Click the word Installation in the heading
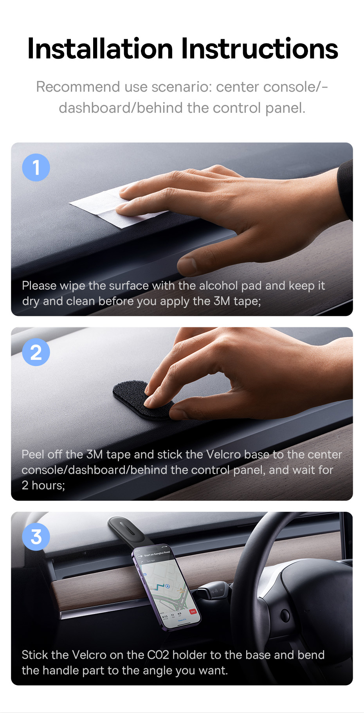click(x=100, y=49)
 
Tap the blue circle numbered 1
click(x=36, y=168)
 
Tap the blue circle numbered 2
click(x=36, y=352)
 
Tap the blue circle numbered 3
click(x=36, y=537)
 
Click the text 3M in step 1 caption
click(x=222, y=301)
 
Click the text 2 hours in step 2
click(x=43, y=486)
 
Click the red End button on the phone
click(x=193, y=611)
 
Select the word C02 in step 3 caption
click(x=158, y=655)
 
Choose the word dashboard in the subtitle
click(x=95, y=108)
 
